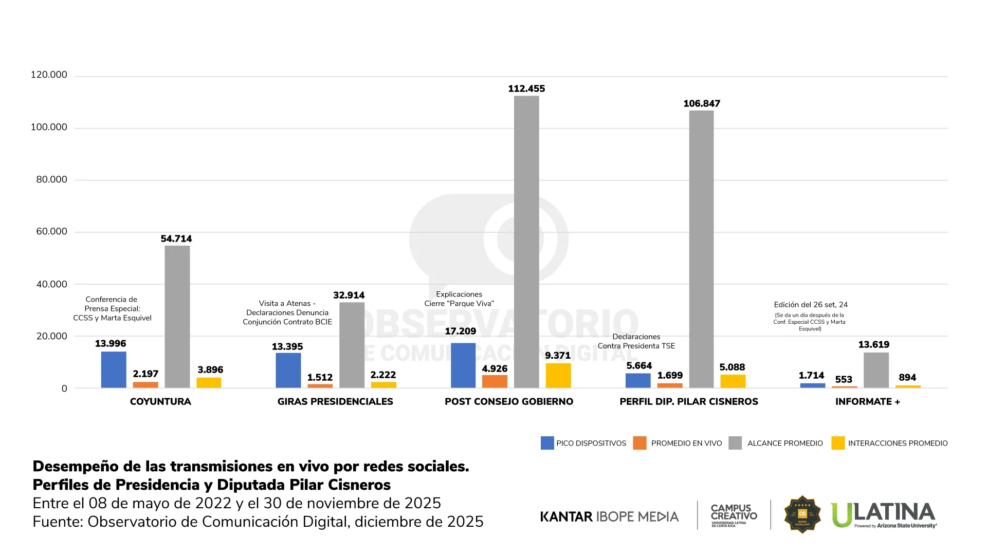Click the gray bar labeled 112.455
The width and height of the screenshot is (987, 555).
[526, 242]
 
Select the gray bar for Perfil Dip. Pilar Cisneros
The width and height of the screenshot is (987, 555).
[701, 249]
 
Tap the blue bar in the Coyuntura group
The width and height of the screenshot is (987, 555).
[114, 369]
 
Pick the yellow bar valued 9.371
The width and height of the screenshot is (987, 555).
[558, 376]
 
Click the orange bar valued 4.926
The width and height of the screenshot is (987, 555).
[495, 381]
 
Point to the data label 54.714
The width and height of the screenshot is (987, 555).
[176, 239]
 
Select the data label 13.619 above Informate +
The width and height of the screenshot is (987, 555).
[873, 345]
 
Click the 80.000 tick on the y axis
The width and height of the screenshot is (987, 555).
[51, 179]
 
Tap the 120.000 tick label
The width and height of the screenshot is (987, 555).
[49, 75]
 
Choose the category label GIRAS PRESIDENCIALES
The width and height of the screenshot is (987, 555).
[335, 402]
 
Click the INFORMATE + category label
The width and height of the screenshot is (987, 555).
[867, 402]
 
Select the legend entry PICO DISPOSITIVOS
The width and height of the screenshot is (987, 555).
[591, 443]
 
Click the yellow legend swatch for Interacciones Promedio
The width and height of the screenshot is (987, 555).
[838, 443]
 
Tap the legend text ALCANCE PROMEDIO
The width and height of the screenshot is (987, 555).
[784, 443]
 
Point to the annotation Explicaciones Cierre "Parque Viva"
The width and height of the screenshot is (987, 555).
[459, 299]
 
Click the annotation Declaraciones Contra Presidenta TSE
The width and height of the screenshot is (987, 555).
[636, 341]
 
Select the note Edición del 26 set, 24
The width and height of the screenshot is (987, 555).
[811, 305]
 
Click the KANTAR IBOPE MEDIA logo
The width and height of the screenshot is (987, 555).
[609, 516]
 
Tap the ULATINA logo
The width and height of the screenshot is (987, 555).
[883, 514]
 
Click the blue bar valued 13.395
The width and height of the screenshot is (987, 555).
[288, 370]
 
